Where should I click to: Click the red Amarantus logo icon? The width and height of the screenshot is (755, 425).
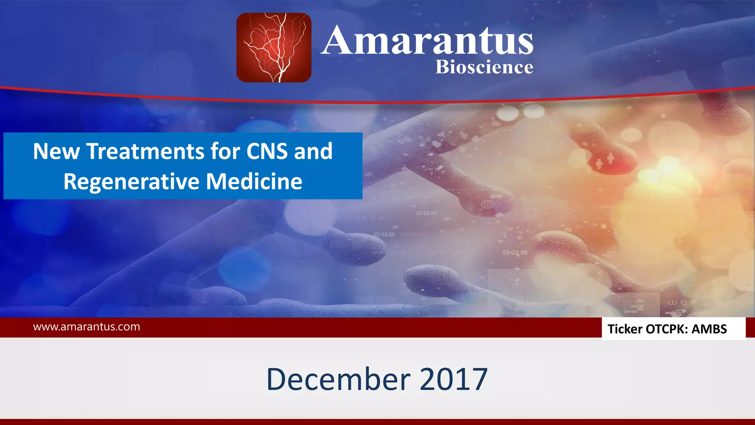pos(274,48)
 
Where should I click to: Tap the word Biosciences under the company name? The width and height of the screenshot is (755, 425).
pos(484,67)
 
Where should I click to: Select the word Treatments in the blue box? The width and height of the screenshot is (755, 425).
pos(145,151)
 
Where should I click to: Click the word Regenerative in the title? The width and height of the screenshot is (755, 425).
pos(131,182)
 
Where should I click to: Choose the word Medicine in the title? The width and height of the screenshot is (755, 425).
pos(254,182)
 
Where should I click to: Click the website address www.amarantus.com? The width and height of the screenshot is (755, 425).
pos(86,327)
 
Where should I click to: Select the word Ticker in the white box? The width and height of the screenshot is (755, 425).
pos(624,329)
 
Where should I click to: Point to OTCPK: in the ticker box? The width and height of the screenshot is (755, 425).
pos(667,329)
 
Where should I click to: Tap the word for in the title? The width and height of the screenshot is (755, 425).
pos(225,151)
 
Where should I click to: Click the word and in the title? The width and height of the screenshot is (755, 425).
pos(313,151)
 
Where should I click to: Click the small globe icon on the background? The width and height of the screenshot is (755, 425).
pos(488,204)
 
